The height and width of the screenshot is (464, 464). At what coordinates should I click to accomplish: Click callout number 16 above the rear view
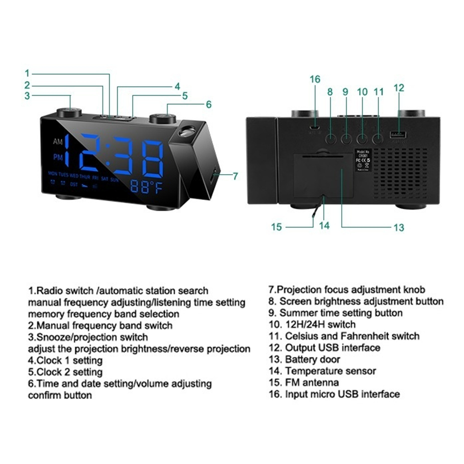pyautogui.click(x=314, y=79)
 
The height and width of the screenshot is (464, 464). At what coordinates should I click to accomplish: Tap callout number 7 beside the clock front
pyautogui.click(x=235, y=176)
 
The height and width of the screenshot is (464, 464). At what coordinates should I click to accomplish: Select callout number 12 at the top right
pyautogui.click(x=399, y=88)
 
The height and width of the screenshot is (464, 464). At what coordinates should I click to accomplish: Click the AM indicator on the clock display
pyautogui.click(x=57, y=142)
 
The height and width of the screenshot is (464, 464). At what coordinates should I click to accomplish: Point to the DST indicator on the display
pyautogui.click(x=74, y=184)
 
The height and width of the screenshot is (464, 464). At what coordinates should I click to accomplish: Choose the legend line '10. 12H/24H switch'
pyautogui.click(x=312, y=325)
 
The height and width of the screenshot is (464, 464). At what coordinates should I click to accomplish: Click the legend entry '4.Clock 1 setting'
pyautogui.click(x=65, y=360)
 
